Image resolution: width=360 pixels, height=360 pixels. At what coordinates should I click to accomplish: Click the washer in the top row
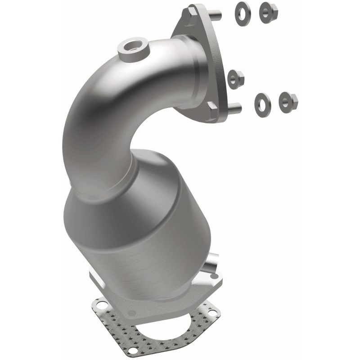click(242, 14)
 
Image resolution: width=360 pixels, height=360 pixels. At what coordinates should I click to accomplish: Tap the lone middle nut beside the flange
click(235, 80)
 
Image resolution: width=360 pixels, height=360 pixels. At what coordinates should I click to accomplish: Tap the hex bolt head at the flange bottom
click(212, 111)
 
